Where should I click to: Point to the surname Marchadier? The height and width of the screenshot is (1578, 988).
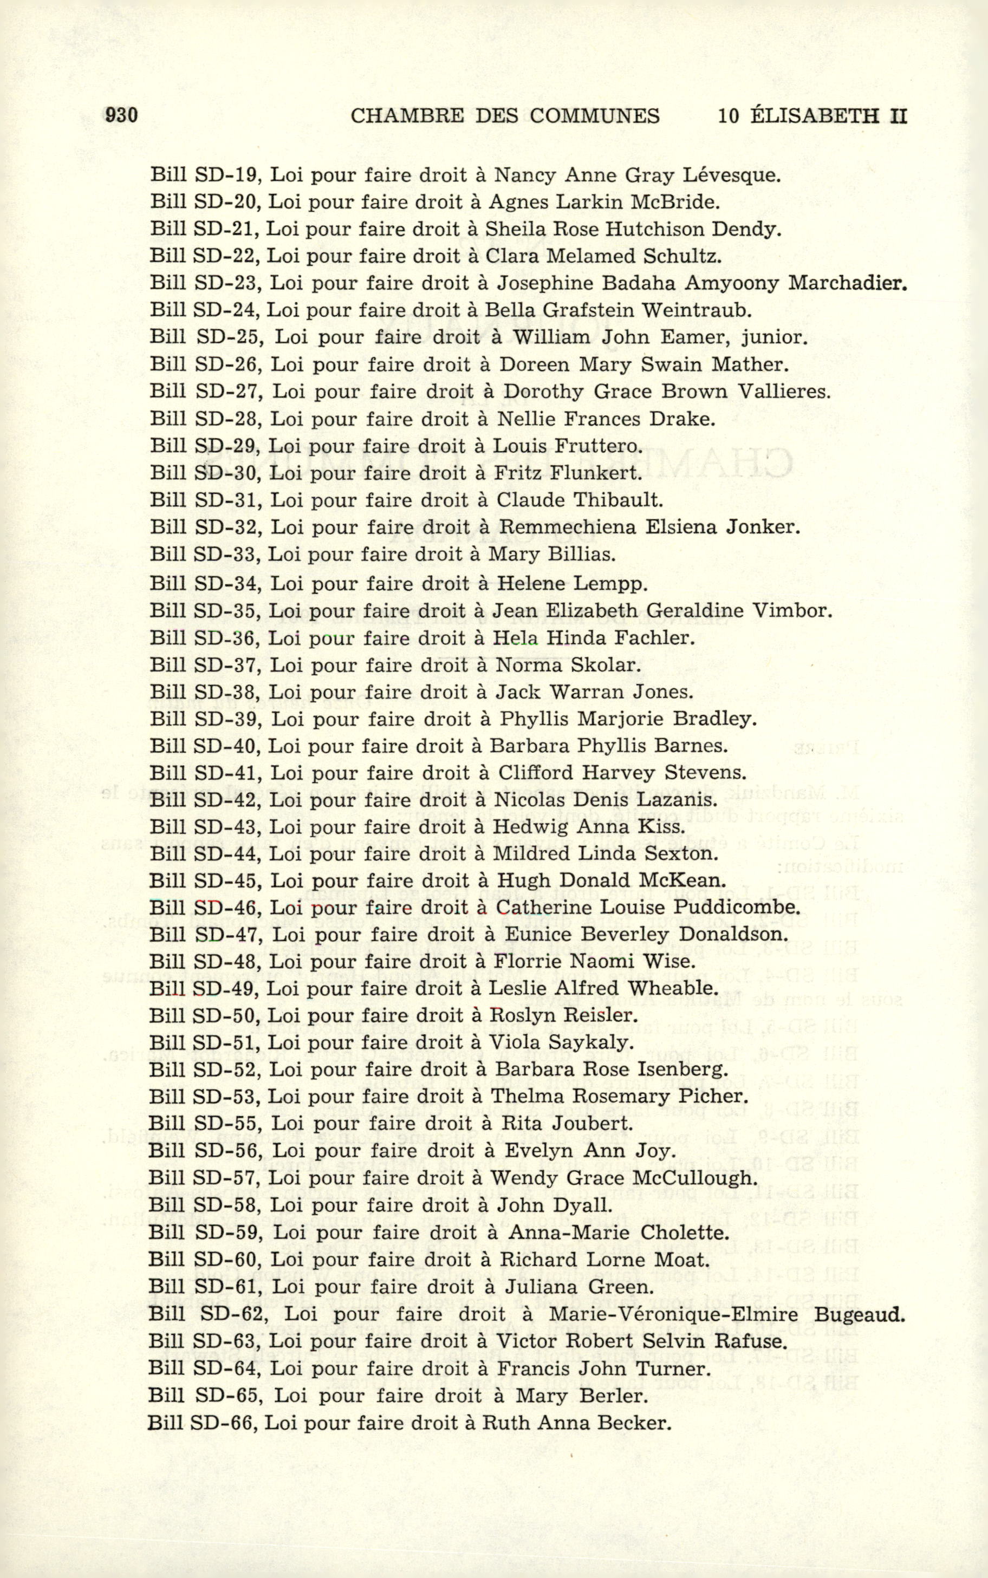(848, 283)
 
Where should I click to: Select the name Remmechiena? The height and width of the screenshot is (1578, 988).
(566, 527)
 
